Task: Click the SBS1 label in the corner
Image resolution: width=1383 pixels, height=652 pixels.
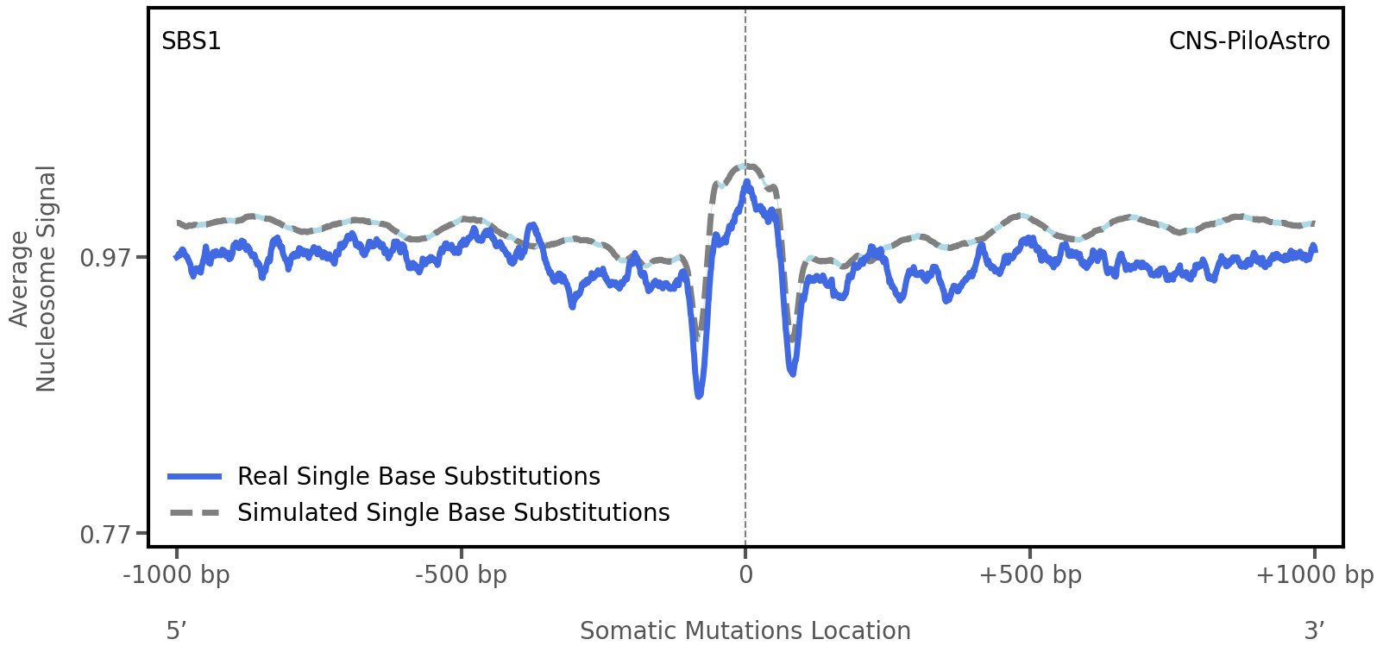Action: tap(191, 41)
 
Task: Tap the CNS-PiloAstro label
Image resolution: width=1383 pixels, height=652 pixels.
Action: tap(1248, 41)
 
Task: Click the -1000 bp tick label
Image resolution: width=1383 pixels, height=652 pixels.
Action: tap(177, 575)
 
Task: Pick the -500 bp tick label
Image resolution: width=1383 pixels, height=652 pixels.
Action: tap(461, 575)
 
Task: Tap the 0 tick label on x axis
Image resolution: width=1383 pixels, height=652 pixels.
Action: tap(745, 575)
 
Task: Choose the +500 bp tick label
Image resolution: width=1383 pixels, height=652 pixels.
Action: tap(1030, 575)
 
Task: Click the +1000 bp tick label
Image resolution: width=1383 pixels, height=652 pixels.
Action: tap(1314, 575)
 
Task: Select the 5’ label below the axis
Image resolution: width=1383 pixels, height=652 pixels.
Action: tap(176, 630)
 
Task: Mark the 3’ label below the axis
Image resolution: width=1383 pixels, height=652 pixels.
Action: tap(1314, 630)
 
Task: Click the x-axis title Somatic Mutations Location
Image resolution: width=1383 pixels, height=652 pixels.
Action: tap(745, 630)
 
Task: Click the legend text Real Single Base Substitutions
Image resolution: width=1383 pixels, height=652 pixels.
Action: tap(418, 476)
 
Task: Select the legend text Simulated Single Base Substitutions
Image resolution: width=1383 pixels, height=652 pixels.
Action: tap(453, 512)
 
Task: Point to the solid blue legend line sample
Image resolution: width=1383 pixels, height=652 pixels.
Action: tap(195, 476)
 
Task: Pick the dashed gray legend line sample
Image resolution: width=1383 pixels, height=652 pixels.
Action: tap(195, 512)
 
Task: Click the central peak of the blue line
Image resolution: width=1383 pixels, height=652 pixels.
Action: tap(745, 183)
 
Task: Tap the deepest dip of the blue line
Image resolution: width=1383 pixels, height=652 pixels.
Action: tap(699, 395)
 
